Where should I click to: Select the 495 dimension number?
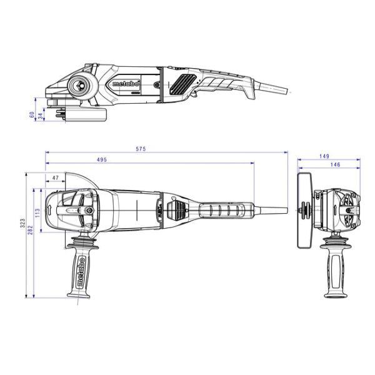pyautogui.click(x=101, y=159)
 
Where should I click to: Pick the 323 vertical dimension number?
pyautogui.click(x=22, y=222)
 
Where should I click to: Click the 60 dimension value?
pyautogui.click(x=31, y=114)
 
